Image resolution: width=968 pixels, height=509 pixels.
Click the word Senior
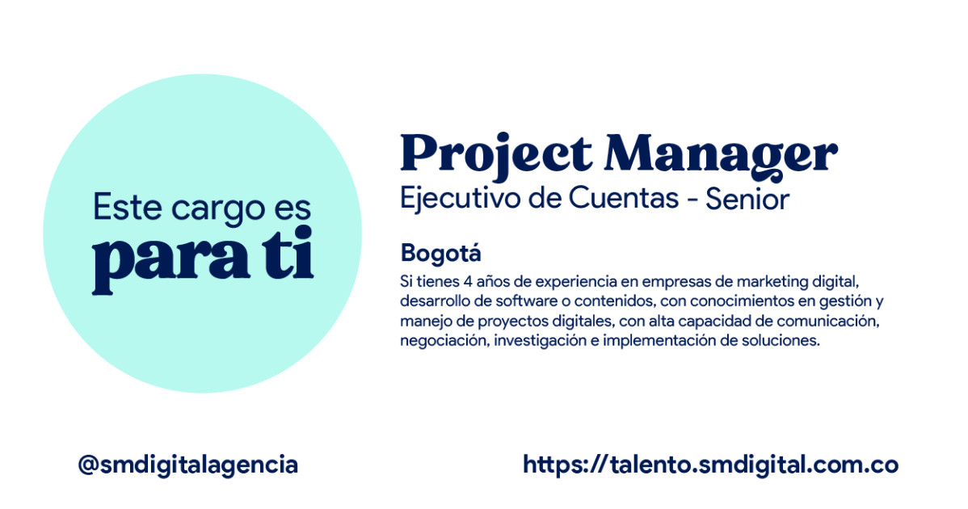click(x=747, y=200)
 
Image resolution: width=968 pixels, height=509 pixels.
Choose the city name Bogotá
click(x=440, y=253)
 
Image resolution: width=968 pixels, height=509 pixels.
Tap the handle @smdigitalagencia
click(x=187, y=465)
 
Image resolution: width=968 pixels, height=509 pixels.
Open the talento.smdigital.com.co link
click(x=710, y=465)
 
